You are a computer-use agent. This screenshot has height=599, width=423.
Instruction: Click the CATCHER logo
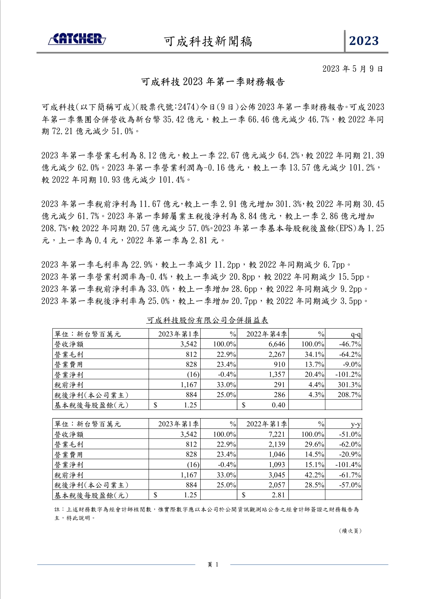click(77, 39)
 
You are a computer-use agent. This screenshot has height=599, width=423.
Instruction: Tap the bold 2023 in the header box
click(363, 41)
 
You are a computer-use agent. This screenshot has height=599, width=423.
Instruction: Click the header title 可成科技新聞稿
click(208, 41)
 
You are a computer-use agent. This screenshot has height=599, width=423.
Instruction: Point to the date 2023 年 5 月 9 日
click(352, 69)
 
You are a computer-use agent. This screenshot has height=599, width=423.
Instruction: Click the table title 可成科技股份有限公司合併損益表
click(207, 320)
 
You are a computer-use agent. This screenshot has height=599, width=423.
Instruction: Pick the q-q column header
click(355, 334)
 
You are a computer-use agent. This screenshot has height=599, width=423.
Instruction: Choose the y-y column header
click(356, 424)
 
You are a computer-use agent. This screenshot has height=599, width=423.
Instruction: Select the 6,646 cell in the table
click(277, 344)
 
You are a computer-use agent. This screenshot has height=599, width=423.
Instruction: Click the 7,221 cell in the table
click(277, 435)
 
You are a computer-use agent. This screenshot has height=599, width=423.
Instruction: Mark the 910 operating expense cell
click(279, 365)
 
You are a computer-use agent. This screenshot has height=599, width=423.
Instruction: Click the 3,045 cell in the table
click(277, 475)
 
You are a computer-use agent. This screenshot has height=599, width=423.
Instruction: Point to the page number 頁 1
click(213, 564)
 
